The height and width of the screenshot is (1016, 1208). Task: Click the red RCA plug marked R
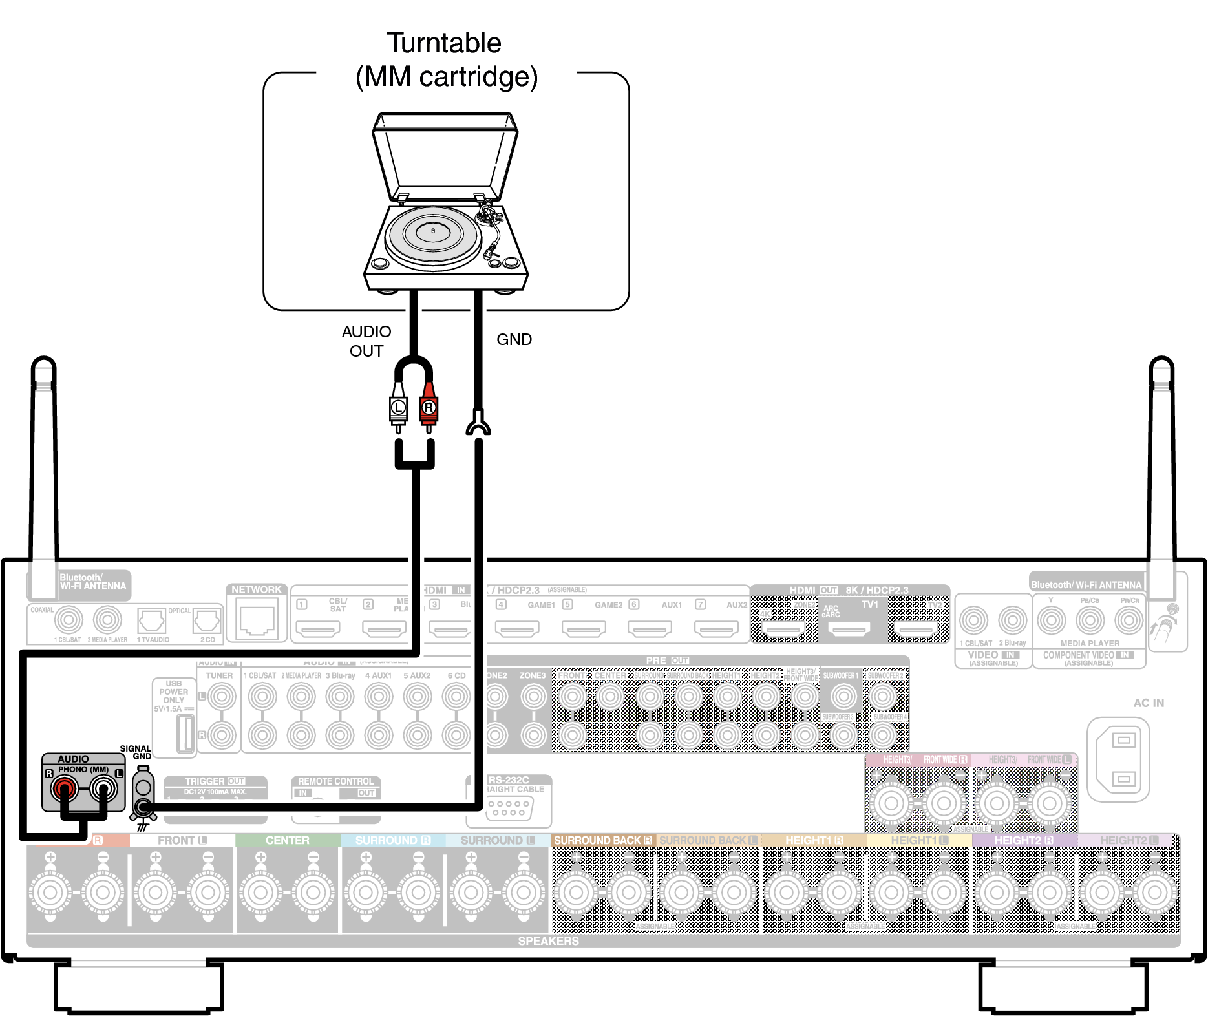click(x=429, y=407)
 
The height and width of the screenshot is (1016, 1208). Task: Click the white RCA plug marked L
click(x=398, y=407)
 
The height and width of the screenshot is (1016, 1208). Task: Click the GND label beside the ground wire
click(x=514, y=339)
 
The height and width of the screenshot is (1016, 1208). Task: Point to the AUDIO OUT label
click(x=366, y=341)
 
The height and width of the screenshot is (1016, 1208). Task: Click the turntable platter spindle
click(x=433, y=231)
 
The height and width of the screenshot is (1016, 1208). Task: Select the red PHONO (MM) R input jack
click(x=65, y=788)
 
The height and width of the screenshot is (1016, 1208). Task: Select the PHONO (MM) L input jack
click(x=103, y=788)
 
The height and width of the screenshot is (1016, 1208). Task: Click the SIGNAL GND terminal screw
click(x=143, y=806)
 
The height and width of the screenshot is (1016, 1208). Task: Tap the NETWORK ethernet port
click(x=257, y=619)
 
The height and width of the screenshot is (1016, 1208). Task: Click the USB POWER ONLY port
click(x=185, y=733)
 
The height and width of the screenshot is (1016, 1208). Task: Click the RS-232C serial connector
click(x=509, y=807)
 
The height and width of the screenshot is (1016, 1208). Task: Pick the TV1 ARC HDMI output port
click(x=849, y=628)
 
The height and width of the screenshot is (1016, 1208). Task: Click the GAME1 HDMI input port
click(x=517, y=628)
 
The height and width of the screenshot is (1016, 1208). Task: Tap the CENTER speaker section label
click(x=287, y=840)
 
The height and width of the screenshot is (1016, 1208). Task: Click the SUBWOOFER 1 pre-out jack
click(x=843, y=696)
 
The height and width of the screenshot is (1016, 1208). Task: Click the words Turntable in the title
click(x=444, y=43)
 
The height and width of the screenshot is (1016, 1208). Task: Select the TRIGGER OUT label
click(x=215, y=781)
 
